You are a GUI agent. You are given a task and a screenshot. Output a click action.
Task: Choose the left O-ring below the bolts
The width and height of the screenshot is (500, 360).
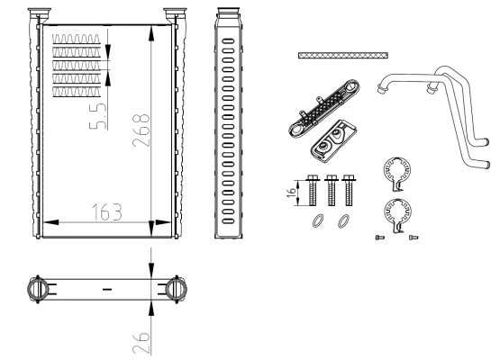[317, 221]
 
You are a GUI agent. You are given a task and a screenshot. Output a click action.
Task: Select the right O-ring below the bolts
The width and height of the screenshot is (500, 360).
[342, 221]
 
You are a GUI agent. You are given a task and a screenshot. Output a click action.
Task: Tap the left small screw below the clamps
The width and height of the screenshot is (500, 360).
[378, 237]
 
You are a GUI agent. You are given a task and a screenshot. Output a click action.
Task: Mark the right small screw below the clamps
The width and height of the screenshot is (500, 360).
[413, 237]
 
